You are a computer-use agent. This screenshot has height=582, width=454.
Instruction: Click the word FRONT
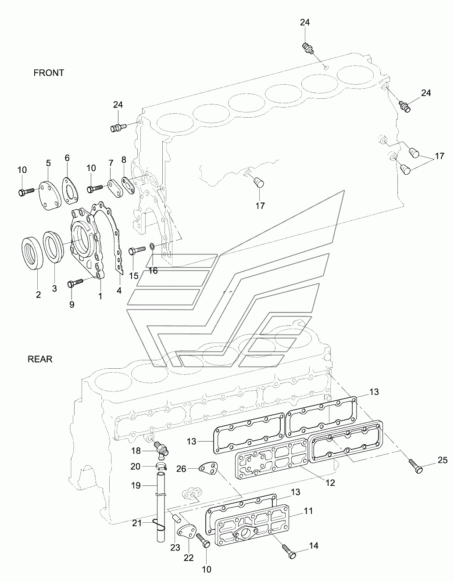pos(49,73)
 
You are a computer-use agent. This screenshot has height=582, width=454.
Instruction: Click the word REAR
pos(40,359)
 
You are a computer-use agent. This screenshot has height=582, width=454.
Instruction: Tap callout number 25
pos(443,460)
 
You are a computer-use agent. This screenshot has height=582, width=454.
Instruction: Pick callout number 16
pos(153,271)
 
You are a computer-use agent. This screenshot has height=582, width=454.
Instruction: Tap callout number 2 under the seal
pos(38,295)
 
